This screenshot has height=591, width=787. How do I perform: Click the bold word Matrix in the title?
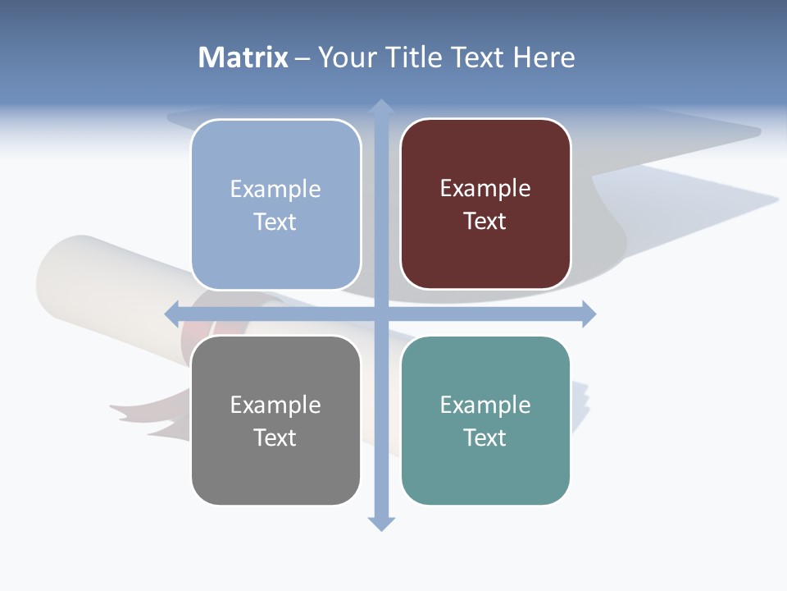243,57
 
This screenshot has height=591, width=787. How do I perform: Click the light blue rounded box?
275,204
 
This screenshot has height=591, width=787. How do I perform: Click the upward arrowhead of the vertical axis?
380,108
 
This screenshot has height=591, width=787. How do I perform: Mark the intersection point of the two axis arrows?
380,314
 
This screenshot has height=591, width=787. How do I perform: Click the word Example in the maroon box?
485,188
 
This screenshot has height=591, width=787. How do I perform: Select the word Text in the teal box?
485,438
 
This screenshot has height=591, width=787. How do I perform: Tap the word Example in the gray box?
275,405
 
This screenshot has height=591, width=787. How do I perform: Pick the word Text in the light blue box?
275,222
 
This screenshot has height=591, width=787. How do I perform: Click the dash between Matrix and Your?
303,58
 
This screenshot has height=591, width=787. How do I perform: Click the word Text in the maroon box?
485,221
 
